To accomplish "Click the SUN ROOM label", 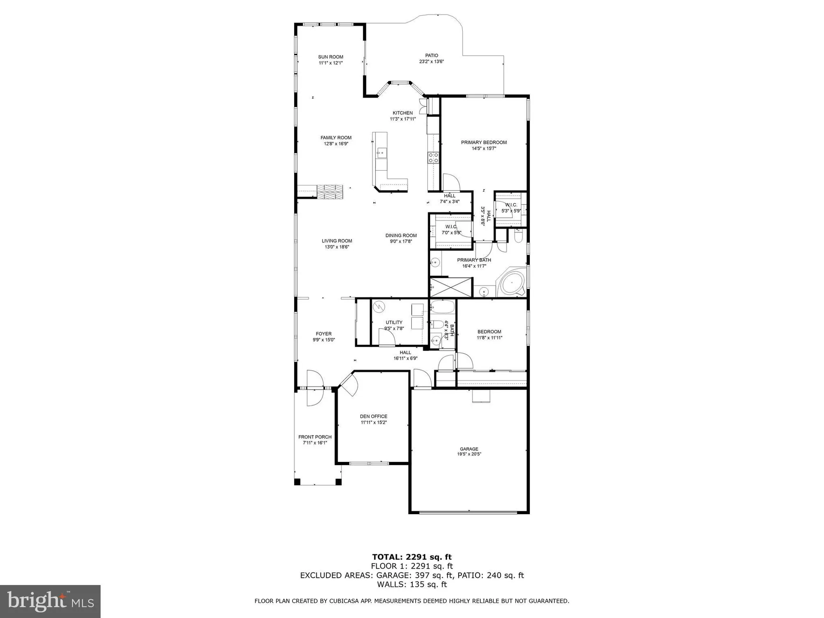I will (330, 57).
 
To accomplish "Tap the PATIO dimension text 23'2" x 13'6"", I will (431, 62).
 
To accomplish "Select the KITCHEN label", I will (403, 113).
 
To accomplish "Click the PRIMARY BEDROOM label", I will (484, 143).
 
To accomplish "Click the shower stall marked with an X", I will (450, 287).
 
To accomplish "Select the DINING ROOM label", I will (401, 236).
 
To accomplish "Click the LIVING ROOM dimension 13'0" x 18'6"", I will (337, 247).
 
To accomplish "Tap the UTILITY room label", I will (394, 323).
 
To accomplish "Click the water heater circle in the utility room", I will (378, 307).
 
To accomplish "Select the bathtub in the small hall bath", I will (442, 307).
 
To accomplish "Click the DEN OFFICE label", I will (374, 417).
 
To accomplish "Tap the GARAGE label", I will (469, 449).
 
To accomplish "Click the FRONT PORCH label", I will (315, 437).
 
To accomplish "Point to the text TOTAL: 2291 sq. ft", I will (412, 557).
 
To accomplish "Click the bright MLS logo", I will (50, 602).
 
